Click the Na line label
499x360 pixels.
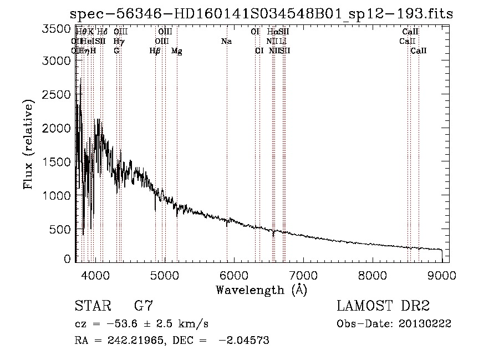coord(226,42)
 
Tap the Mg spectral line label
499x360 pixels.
coord(176,51)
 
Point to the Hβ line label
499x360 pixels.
coord(155,51)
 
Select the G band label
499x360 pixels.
coord(116,51)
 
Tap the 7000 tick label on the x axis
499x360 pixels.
coord(303,275)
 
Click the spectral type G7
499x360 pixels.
coord(144,306)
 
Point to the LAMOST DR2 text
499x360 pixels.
coord(383,306)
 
